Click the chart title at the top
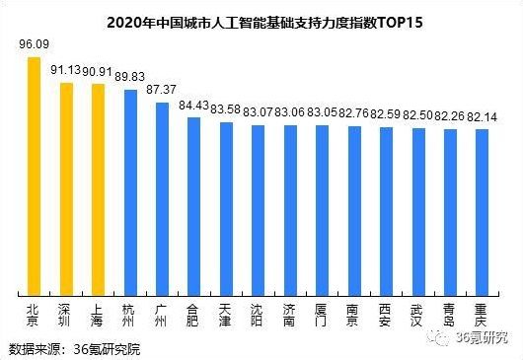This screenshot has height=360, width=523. (261, 20)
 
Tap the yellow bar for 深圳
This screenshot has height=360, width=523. (65, 187)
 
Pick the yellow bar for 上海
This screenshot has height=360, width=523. (97, 188)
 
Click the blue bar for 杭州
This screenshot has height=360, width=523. (128, 191)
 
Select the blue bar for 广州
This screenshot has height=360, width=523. (161, 197)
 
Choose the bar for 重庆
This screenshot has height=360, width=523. (482, 211)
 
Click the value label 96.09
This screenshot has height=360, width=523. (34, 45)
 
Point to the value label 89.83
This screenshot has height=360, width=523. (130, 77)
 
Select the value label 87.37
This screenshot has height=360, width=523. (161, 89)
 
